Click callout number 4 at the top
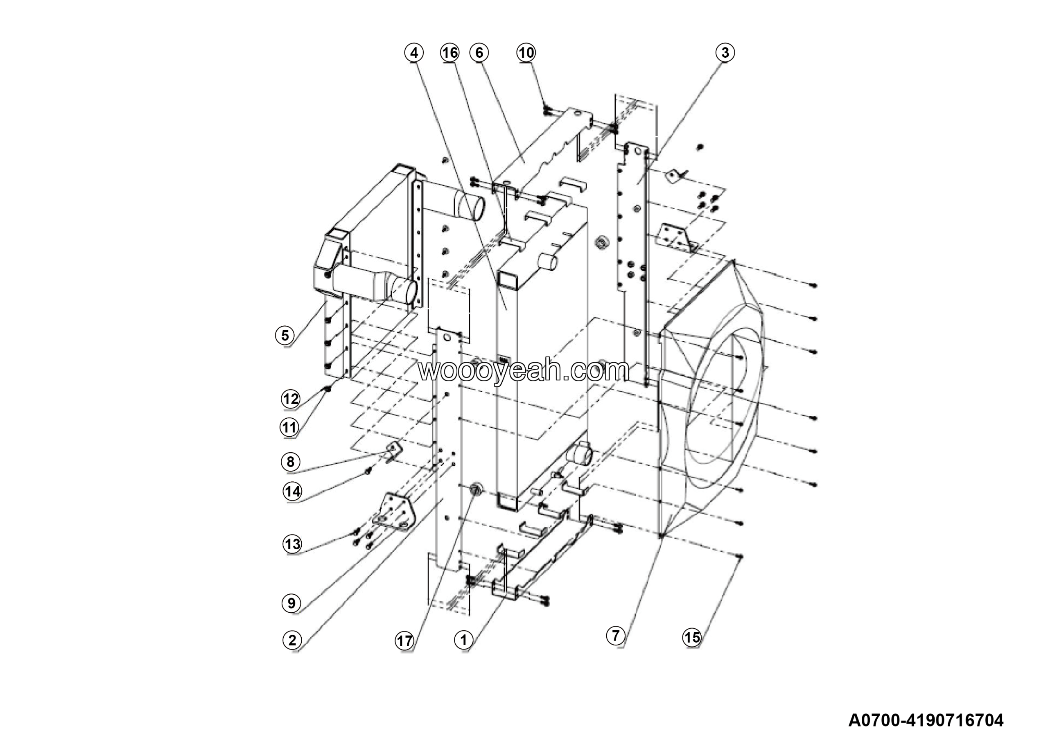pyautogui.click(x=413, y=53)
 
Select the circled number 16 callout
pyautogui.click(x=449, y=53)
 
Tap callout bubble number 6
pyautogui.click(x=479, y=53)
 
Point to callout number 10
pyautogui.click(x=526, y=53)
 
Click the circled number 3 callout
pyautogui.click(x=725, y=52)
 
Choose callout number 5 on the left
pyautogui.click(x=285, y=335)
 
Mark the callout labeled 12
pyautogui.click(x=291, y=399)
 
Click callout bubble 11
pyautogui.click(x=289, y=427)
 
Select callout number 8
pyautogui.click(x=291, y=462)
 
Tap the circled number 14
pyautogui.click(x=293, y=492)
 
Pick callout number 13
pyautogui.click(x=293, y=544)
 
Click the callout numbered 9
pyautogui.click(x=291, y=603)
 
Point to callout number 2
pyautogui.click(x=292, y=640)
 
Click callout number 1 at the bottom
pyautogui.click(x=463, y=640)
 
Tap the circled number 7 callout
pyautogui.click(x=616, y=635)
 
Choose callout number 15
pyautogui.click(x=692, y=637)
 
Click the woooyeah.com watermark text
pyautogui.click(x=524, y=370)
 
